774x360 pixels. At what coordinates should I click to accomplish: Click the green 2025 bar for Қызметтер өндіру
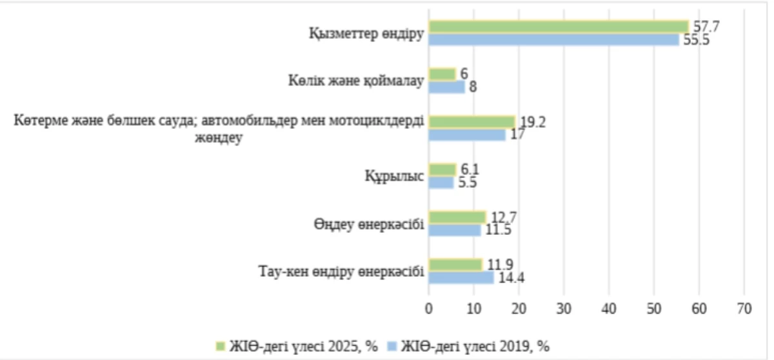(559, 26)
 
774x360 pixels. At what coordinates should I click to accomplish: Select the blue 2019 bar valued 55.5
(553, 39)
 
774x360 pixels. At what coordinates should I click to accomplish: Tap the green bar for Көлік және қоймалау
(442, 74)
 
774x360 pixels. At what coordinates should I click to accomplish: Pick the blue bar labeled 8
(446, 87)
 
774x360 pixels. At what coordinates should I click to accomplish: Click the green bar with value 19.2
(471, 122)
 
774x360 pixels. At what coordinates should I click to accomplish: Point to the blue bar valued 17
(467, 135)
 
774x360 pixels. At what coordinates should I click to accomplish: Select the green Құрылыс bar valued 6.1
(442, 169)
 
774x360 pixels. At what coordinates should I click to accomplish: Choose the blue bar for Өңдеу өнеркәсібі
(455, 230)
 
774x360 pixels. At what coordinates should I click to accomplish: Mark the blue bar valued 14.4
(461, 277)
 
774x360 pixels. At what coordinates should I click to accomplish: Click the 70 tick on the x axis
(744, 310)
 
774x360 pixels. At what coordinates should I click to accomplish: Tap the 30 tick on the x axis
(564, 310)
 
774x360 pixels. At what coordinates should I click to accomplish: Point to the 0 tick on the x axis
(429, 310)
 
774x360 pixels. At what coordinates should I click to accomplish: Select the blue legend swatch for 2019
(390, 346)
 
